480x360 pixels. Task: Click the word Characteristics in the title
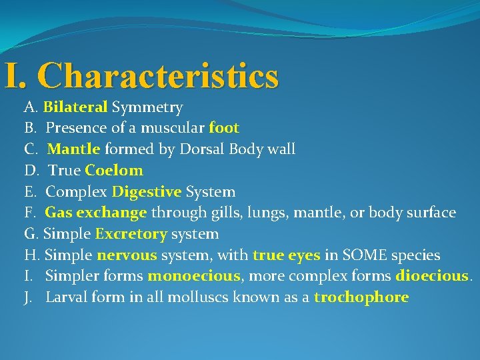click(x=161, y=75)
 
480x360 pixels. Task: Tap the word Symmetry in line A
click(x=147, y=107)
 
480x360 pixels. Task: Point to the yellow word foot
click(x=224, y=128)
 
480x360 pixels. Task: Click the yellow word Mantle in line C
click(x=74, y=149)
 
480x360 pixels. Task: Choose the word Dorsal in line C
click(x=200, y=149)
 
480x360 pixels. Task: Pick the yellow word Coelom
click(x=114, y=170)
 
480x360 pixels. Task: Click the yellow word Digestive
click(x=147, y=192)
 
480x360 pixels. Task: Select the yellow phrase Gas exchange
click(x=96, y=213)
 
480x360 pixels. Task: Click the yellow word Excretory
click(x=131, y=234)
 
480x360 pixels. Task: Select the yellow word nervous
click(x=127, y=255)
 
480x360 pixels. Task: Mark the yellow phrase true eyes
click(x=287, y=255)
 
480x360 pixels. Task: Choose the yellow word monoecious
click(x=194, y=276)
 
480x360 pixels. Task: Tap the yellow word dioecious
click(x=433, y=276)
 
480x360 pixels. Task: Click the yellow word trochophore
click(x=361, y=297)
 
